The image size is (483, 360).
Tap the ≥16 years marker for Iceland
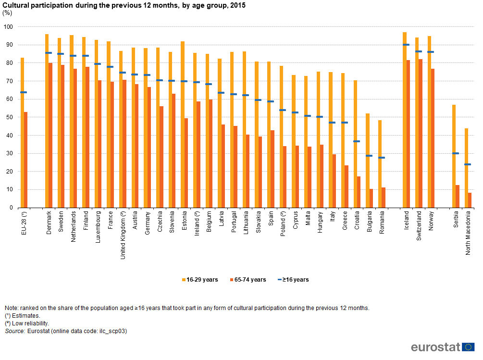(x=406, y=45)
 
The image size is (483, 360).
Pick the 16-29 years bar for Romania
(x=380, y=164)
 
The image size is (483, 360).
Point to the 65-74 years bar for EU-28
(x=25, y=160)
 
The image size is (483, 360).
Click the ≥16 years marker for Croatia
(x=356, y=141)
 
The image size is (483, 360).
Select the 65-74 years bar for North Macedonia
(x=470, y=200)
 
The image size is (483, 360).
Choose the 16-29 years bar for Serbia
(x=454, y=156)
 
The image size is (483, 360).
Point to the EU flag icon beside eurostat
(x=469, y=347)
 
